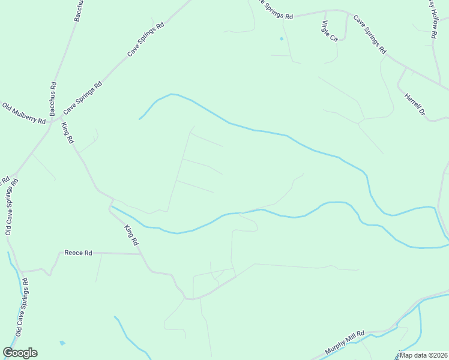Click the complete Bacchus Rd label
[53, 98]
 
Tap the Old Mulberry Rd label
[24, 113]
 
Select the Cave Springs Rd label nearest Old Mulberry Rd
[83, 98]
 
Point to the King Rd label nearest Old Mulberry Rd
[67, 133]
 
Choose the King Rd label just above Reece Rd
[131, 235]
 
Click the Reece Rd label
[78, 253]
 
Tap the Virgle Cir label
[330, 31]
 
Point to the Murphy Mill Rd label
[345, 343]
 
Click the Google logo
[20, 353]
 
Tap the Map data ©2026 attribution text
[423, 355]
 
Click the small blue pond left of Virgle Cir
[281, 39]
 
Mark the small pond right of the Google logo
[62, 343]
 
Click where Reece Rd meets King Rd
[140, 254]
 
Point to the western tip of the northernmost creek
[140, 118]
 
